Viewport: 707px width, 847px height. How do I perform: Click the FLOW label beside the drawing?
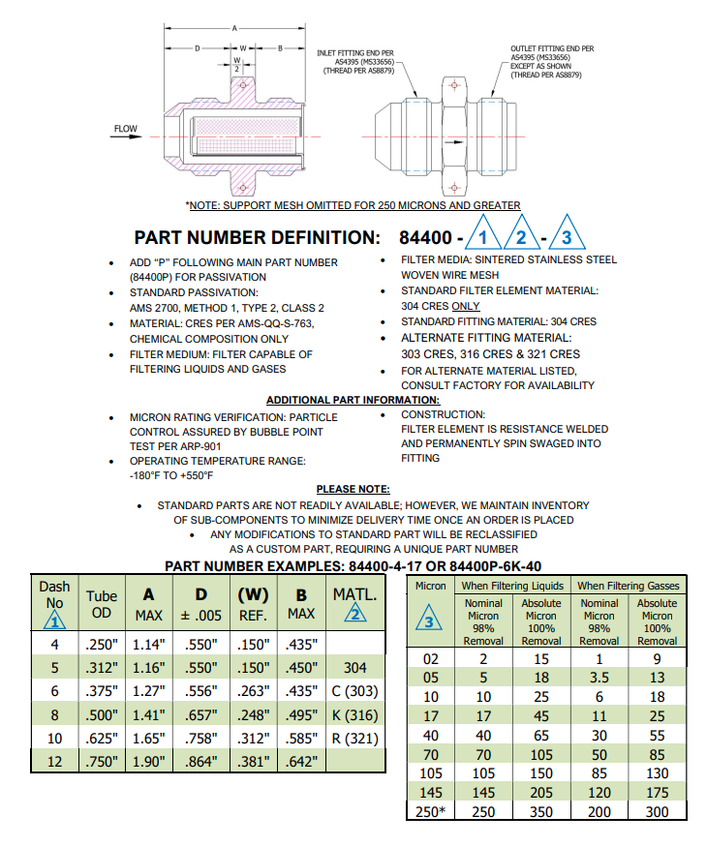click(126, 129)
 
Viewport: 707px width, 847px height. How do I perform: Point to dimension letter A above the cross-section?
click(234, 28)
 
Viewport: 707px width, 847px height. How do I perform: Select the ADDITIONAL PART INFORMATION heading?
click(353, 400)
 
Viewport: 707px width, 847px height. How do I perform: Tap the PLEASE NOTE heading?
click(353, 489)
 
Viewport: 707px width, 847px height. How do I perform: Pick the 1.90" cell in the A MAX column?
click(149, 761)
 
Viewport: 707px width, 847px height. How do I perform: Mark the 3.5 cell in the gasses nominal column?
click(599, 678)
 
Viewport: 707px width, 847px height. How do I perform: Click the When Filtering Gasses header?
click(629, 586)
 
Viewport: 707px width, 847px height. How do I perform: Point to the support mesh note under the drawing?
click(353, 205)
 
